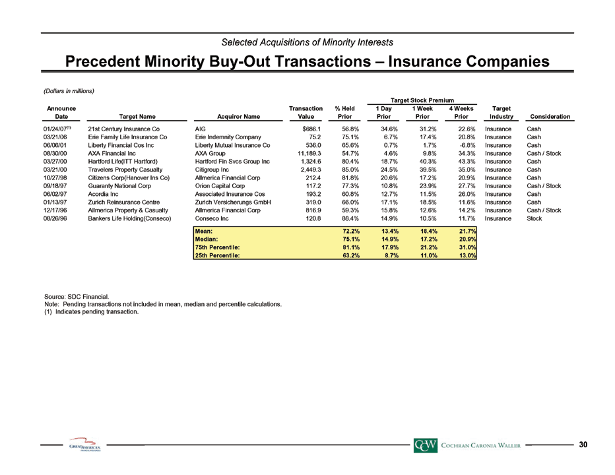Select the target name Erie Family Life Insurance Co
[127, 137]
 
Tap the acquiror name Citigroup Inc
[212, 170]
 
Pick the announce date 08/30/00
[55, 153]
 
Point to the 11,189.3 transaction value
[309, 153]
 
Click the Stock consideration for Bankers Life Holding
[534, 218]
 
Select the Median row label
[207, 239]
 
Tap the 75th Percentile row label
[217, 247]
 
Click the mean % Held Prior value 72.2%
[351, 231]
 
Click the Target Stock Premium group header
[422, 100]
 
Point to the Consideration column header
[550, 117]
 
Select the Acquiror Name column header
[238, 117]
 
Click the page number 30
[583, 445]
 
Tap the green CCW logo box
[425, 445]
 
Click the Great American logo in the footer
[84, 445]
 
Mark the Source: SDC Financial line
[77, 297]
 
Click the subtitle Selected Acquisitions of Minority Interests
[307, 42]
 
